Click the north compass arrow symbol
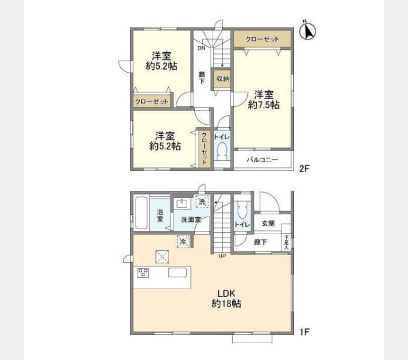[x=308, y=31]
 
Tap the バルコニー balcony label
[x=262, y=160]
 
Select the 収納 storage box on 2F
[x=223, y=79]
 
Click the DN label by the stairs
[x=202, y=48]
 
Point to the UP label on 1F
[x=222, y=256]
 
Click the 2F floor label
[x=304, y=169]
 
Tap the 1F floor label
[x=304, y=332]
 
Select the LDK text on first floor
[x=226, y=293]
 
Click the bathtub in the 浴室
[x=141, y=213]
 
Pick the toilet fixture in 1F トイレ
[x=242, y=210]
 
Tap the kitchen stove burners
[x=143, y=273]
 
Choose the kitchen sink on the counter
[x=177, y=272]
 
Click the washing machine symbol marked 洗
[x=202, y=202]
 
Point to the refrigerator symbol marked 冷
[x=183, y=241]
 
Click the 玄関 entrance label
[x=268, y=223]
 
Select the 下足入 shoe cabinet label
[x=286, y=242]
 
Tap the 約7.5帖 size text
[x=264, y=105]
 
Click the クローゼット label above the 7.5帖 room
[x=262, y=39]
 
